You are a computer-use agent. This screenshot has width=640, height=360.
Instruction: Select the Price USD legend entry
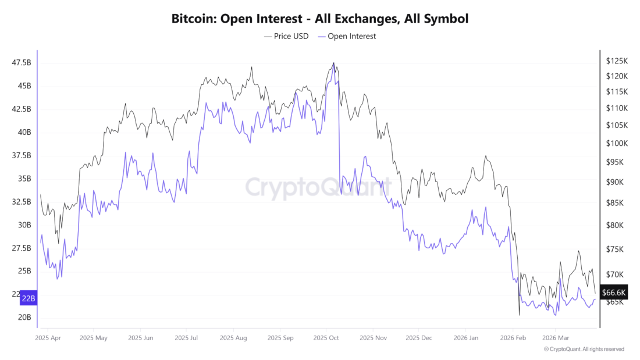click(x=286, y=36)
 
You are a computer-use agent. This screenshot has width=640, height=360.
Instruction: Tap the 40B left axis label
click(x=24, y=132)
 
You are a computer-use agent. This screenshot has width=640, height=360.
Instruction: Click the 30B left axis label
click(x=24, y=225)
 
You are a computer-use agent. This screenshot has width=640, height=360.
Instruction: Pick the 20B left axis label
click(x=24, y=318)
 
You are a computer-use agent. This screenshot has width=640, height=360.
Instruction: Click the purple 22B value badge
click(x=29, y=299)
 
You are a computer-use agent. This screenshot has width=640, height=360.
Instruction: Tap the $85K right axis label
click(x=614, y=203)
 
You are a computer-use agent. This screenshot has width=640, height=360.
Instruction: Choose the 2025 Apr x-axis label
click(x=48, y=337)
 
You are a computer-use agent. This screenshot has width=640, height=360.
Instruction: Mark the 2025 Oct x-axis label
click(x=326, y=337)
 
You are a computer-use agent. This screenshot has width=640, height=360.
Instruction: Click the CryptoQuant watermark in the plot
click(x=318, y=187)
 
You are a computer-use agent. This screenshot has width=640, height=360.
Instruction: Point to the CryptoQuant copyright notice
click(x=584, y=349)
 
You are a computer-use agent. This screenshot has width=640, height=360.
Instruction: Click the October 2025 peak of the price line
click(x=333, y=63)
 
